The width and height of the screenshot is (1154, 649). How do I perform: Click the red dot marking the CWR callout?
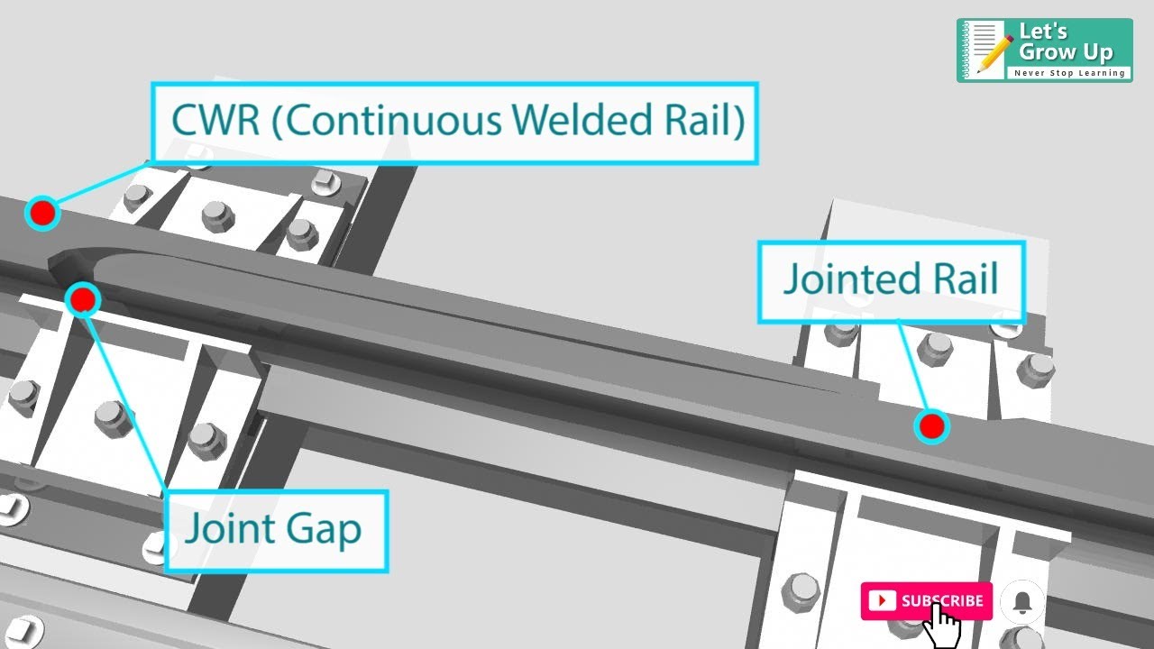(x=41, y=214)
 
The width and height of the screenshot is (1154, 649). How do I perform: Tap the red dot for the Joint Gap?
(x=83, y=299)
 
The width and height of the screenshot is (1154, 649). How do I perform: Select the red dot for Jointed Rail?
(x=931, y=425)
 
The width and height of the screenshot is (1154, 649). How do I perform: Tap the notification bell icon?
(x=1022, y=602)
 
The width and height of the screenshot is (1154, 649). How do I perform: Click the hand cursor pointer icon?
(x=943, y=626)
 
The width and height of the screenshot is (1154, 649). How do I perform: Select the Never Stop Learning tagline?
(x=1070, y=73)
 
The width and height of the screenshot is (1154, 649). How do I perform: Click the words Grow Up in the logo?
(x=1066, y=52)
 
